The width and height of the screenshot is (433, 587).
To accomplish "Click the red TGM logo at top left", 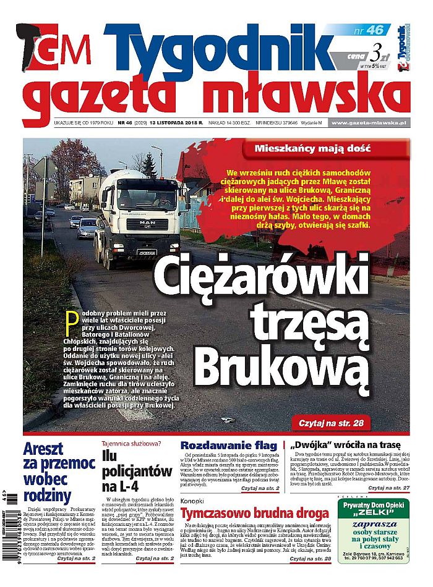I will tap(59, 49).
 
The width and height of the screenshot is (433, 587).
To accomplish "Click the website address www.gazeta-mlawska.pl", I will tap(367, 124).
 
